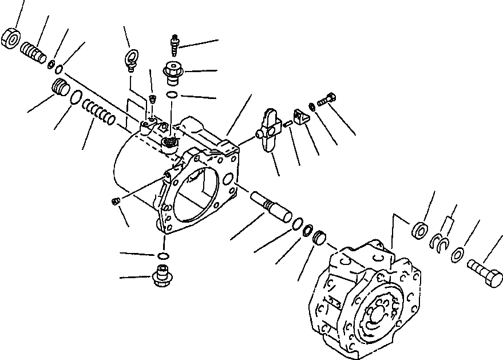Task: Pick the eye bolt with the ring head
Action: pyautogui.click(x=130, y=59)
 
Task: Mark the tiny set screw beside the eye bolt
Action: pyautogui.click(x=153, y=100)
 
